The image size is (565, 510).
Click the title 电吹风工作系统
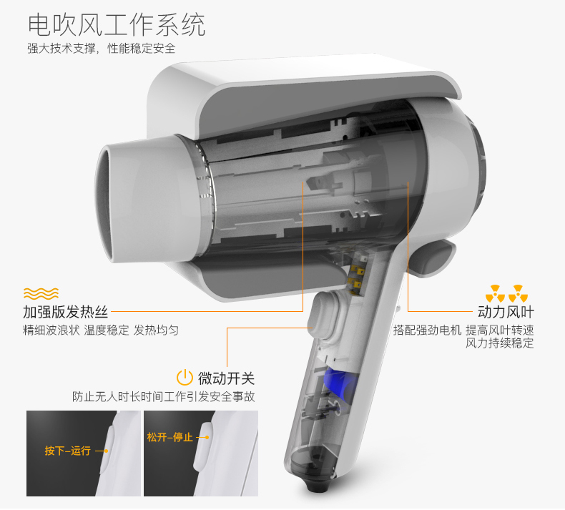point(117,24)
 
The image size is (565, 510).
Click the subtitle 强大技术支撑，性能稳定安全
point(102,48)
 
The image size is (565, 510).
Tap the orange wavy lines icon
point(41,293)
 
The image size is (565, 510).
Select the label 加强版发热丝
point(65,312)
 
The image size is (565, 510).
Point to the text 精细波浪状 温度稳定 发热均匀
point(101,330)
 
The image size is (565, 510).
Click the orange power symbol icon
point(185,378)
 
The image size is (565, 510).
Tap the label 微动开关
point(226,378)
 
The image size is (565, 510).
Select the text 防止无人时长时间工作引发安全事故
point(164,396)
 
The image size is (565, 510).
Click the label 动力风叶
point(506,312)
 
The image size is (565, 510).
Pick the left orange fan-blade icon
point(495,293)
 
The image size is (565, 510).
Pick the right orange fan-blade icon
point(519,293)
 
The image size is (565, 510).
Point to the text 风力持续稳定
point(499,343)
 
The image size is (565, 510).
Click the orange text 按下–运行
point(67,451)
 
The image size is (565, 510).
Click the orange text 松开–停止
point(169,437)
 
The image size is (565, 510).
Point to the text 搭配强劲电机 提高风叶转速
point(463,330)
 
